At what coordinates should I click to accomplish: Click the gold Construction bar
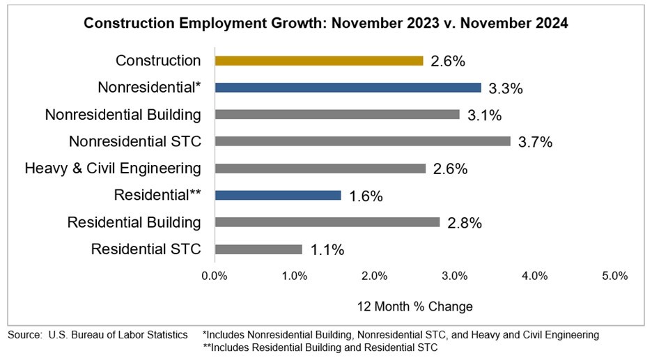coord(318,61)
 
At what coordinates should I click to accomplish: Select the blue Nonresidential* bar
coord(348,88)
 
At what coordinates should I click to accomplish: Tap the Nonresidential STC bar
coord(362,141)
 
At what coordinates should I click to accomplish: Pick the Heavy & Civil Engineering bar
coord(320,169)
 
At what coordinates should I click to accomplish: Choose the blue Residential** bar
coord(277,196)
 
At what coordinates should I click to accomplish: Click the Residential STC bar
coord(258,249)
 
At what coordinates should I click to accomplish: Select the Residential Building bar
coord(327,222)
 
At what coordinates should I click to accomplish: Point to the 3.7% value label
coord(535,142)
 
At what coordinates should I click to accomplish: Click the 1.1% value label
coord(327,250)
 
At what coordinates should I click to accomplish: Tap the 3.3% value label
coord(506,88)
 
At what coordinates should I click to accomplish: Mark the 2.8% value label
coord(465,223)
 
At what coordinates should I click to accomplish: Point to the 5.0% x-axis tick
coord(614,276)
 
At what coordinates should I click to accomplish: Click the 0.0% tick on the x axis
coord(215,276)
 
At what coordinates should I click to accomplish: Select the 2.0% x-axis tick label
coord(375,276)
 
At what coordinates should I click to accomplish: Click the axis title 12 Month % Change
coord(415,306)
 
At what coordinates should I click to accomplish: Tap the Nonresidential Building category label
coord(123,114)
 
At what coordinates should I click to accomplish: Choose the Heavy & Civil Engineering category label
coord(113,169)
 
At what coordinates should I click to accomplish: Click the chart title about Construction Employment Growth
coord(326,24)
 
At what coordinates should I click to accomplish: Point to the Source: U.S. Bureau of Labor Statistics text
coord(98,335)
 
